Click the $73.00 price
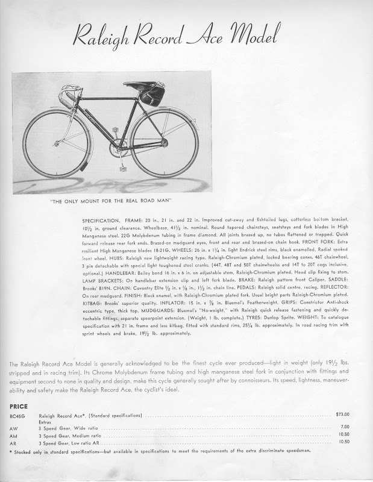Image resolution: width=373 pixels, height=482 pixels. [x=342, y=415]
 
